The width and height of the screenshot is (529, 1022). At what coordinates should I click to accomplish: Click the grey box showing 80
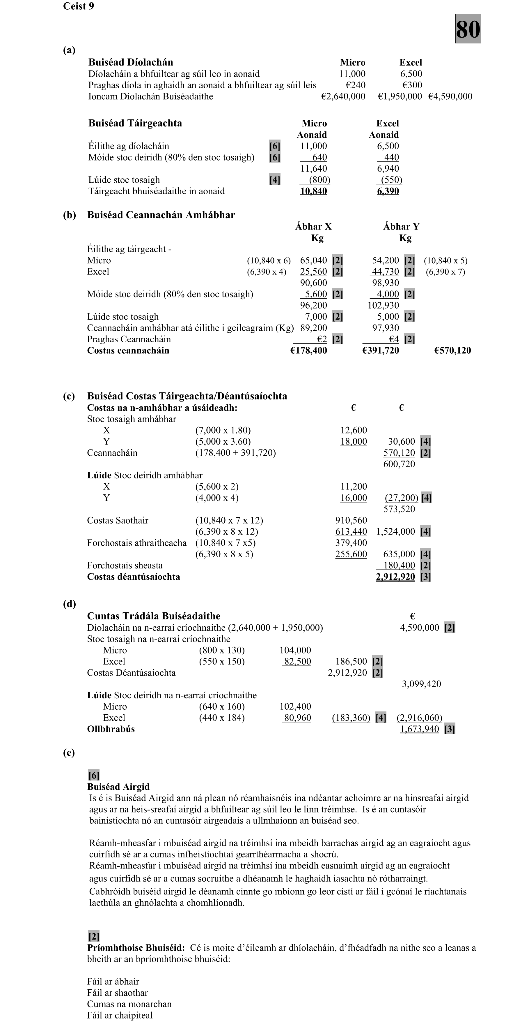468,29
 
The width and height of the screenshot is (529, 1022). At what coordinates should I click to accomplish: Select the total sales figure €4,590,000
450,96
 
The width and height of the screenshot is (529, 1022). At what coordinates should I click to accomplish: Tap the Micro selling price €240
356,85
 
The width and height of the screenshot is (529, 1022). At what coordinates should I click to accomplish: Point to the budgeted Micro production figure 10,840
313,191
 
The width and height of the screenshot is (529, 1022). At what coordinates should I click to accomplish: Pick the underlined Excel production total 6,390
388,191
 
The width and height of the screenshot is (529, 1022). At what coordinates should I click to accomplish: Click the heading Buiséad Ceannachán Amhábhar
161,215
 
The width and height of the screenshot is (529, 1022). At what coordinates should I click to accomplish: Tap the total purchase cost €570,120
452,350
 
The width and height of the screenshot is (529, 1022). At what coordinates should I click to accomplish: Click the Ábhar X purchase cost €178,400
309,350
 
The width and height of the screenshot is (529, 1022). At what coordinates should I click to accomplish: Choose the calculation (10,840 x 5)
445,261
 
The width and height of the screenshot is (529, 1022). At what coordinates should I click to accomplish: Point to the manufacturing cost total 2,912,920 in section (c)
395,577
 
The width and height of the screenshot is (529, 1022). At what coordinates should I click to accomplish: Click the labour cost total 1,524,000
395,532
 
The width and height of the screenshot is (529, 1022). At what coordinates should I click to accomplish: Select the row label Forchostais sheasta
125,565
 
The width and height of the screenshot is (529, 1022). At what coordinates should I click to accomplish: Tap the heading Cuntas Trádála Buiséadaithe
154,616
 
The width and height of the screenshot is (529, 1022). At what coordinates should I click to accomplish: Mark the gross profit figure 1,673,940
419,729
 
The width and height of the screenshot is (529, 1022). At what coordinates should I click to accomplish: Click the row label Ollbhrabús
111,729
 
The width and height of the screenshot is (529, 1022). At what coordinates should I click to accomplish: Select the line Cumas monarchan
129,1004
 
